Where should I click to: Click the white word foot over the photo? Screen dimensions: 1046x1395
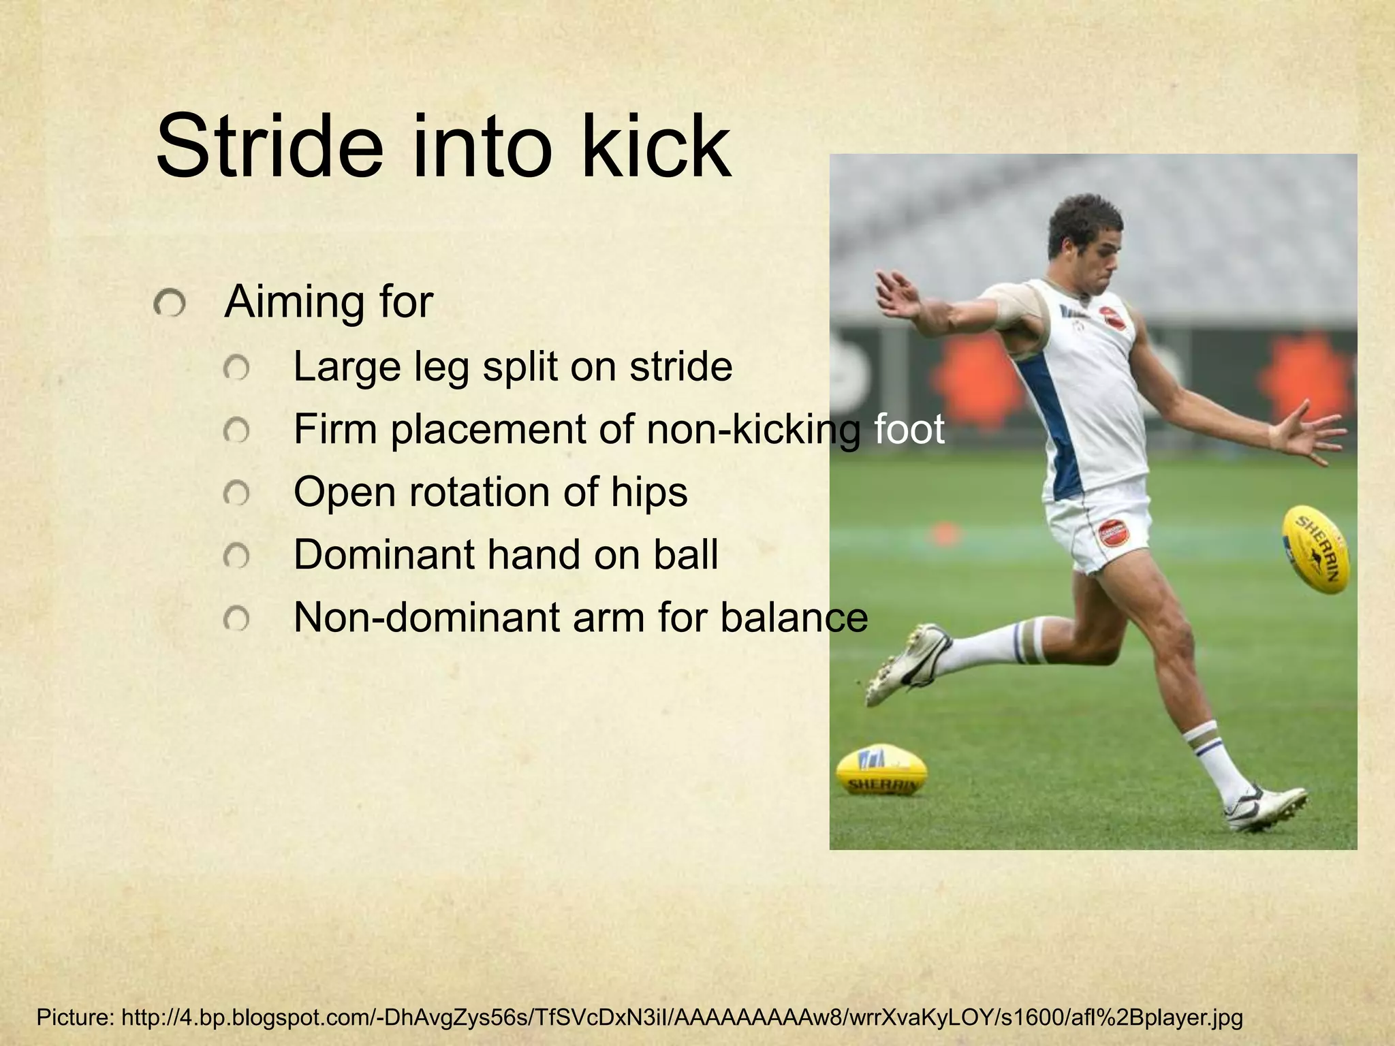point(909,429)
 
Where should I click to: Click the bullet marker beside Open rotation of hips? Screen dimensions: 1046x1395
point(236,493)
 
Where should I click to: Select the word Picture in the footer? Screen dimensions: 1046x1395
point(74,1018)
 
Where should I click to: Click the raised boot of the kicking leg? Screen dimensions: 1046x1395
point(906,664)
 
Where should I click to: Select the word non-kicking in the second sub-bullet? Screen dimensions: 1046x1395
point(753,430)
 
